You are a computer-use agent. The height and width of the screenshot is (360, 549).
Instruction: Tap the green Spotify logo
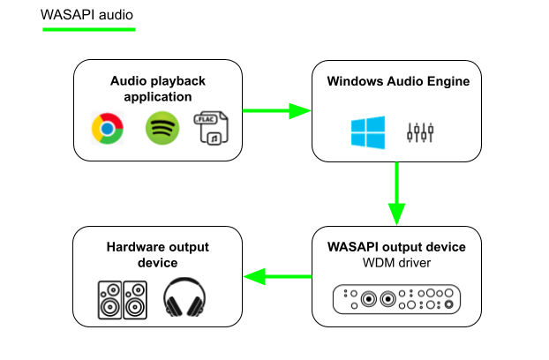click(162, 128)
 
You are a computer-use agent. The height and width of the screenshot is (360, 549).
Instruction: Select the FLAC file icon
click(213, 128)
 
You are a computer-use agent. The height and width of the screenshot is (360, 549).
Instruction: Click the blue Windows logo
click(368, 131)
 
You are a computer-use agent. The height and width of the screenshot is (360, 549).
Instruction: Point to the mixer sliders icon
click(420, 132)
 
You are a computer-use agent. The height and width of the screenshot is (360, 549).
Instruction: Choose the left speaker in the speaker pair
click(109, 300)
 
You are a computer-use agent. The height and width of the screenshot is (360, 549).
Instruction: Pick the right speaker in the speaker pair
click(135, 300)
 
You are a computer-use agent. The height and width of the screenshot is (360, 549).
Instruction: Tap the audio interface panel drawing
click(396, 300)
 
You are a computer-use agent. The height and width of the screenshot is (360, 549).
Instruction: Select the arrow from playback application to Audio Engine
click(277, 110)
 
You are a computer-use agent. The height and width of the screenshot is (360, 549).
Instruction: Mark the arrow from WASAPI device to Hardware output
click(277, 277)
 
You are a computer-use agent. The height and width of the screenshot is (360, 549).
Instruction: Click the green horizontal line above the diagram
click(89, 30)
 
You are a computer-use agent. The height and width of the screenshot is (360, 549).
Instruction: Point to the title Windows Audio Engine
click(398, 82)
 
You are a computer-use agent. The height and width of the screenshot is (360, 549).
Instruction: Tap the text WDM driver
click(396, 263)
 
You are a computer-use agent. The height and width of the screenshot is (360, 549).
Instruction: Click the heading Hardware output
click(158, 247)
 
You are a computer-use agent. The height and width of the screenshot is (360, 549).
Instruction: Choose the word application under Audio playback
click(158, 97)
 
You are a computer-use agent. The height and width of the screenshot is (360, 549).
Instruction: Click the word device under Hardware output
click(158, 263)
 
